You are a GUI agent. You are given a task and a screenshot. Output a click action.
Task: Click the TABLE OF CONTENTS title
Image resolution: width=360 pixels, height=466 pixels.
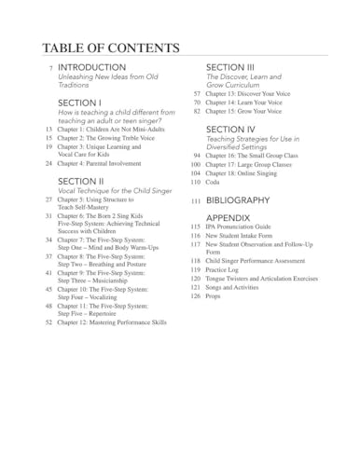(111, 48)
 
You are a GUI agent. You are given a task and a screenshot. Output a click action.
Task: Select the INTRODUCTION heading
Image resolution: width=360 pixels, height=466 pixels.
(91, 68)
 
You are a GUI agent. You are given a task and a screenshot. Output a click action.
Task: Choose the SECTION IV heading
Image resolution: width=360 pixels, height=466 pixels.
(230, 130)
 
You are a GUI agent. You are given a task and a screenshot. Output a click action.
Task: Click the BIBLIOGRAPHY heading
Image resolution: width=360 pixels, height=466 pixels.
(238, 200)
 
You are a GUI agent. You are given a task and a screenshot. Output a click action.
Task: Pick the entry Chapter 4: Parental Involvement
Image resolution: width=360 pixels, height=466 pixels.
(100, 163)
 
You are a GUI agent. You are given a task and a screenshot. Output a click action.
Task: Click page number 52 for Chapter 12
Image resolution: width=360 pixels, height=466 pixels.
(48, 322)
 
